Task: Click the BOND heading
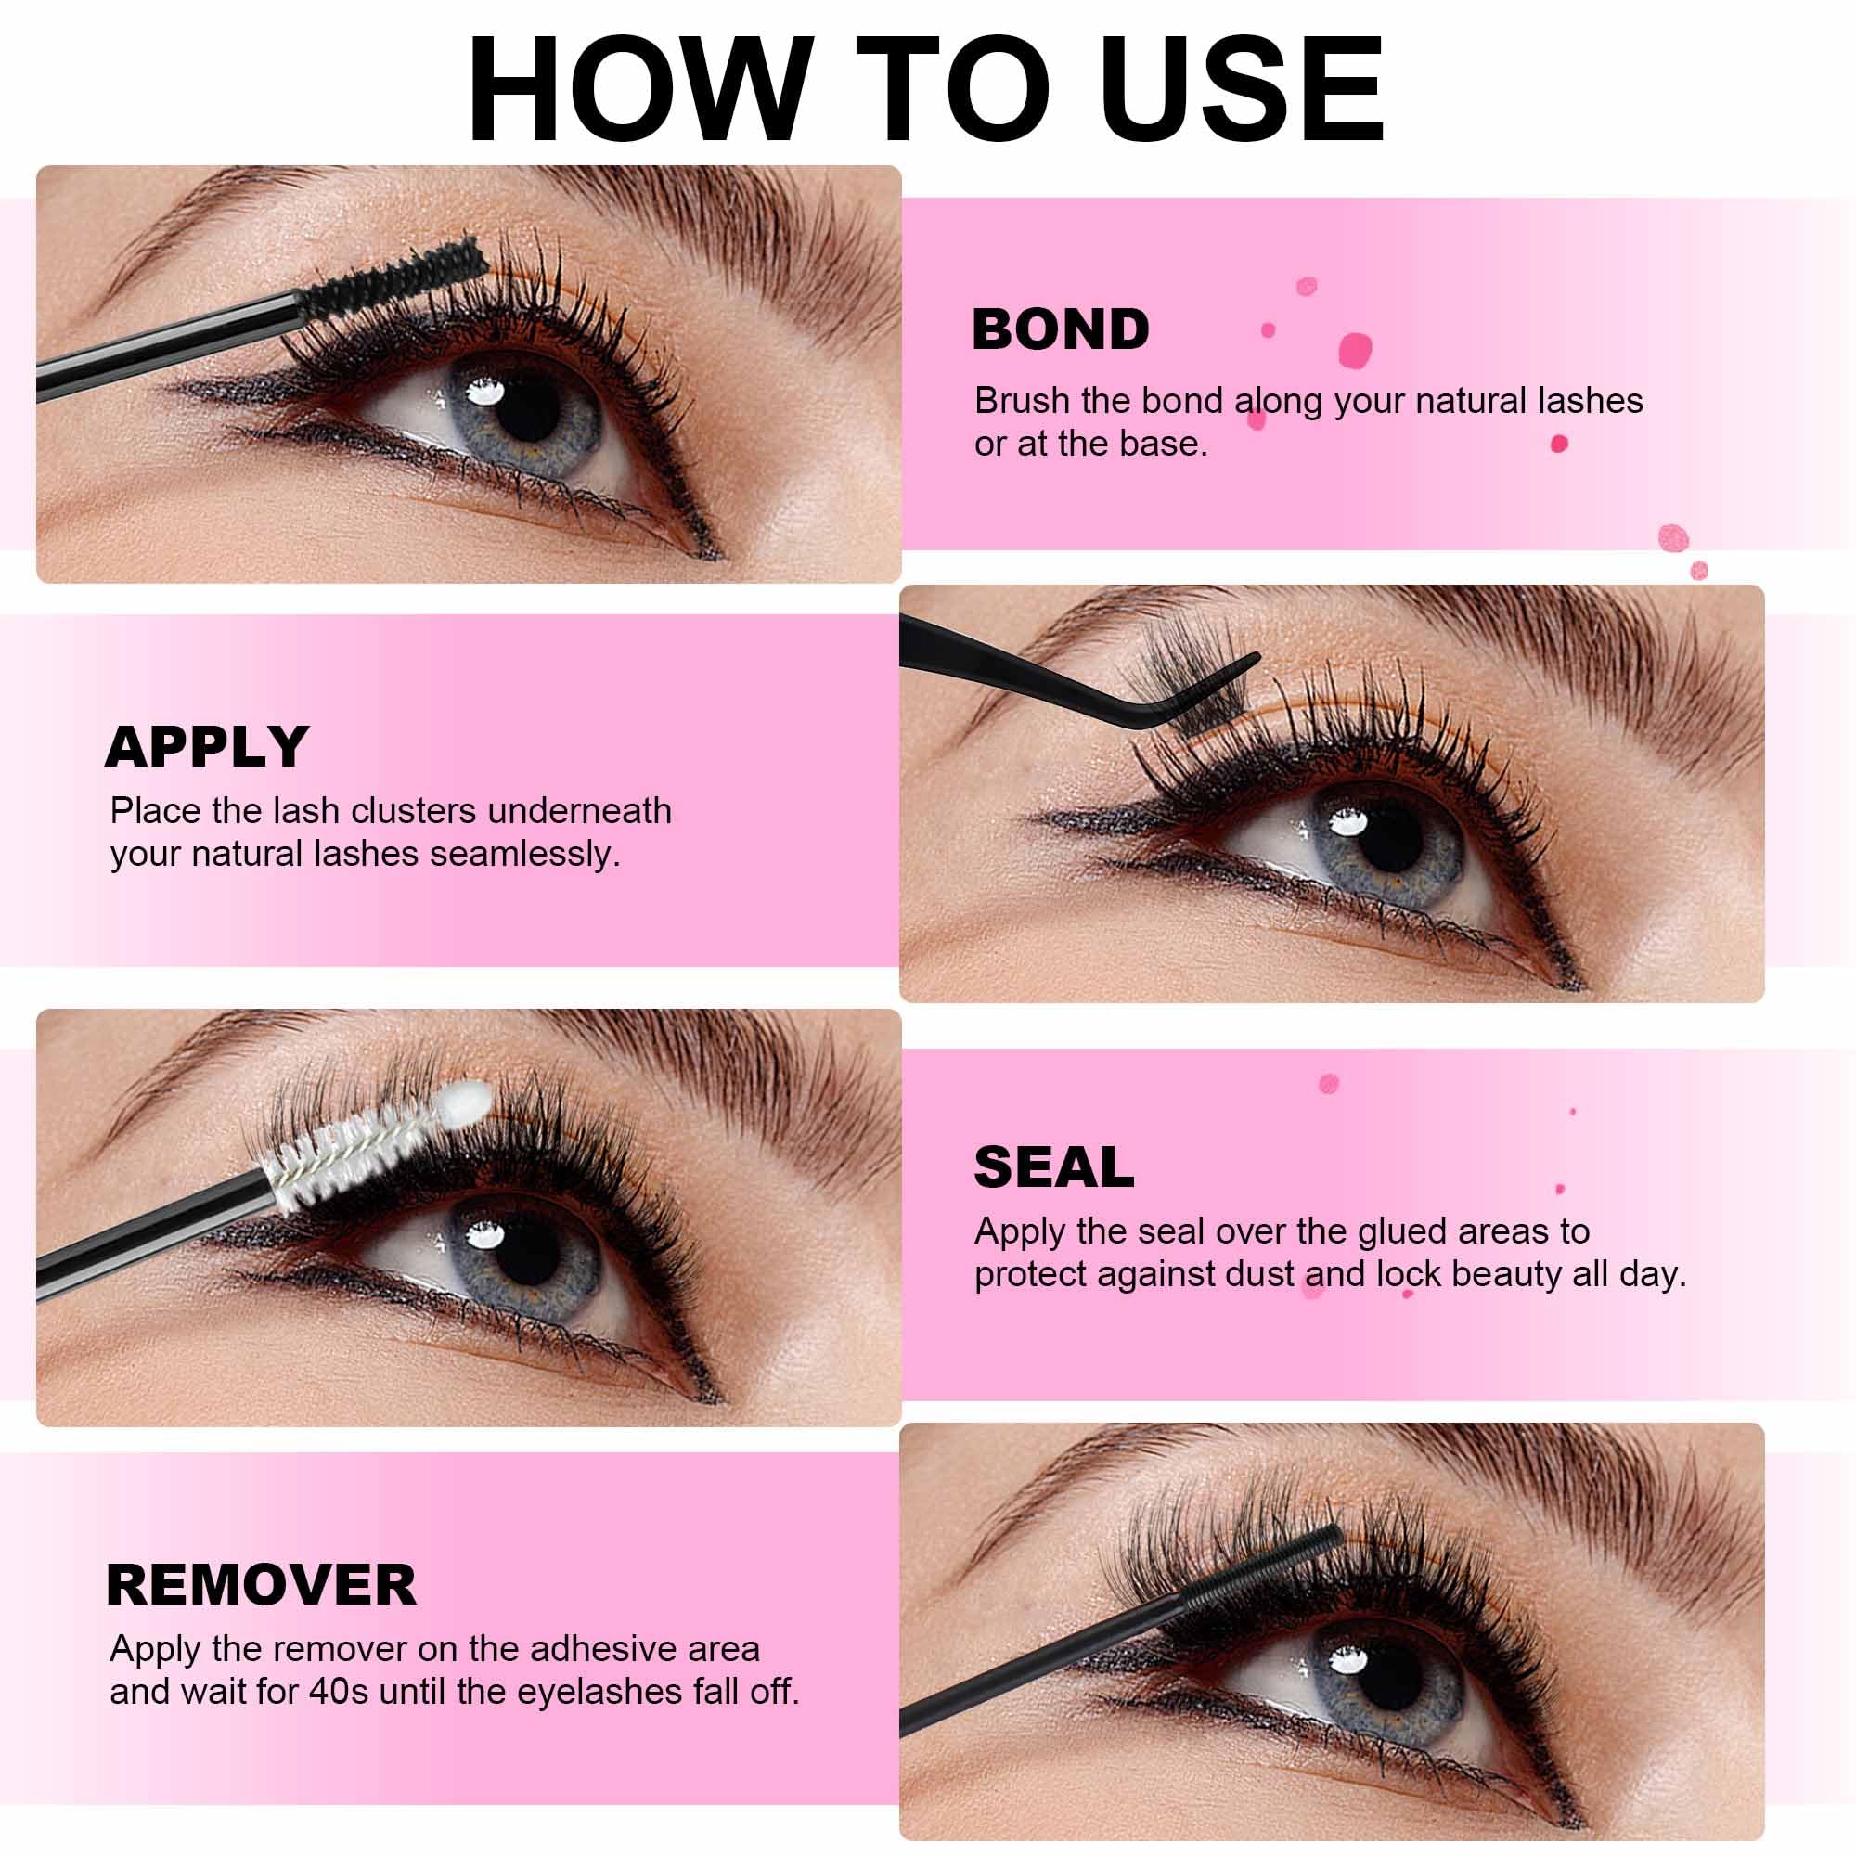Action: [1061, 329]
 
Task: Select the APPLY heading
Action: [207, 746]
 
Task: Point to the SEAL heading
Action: [1054, 1167]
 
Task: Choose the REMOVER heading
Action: [262, 1584]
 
